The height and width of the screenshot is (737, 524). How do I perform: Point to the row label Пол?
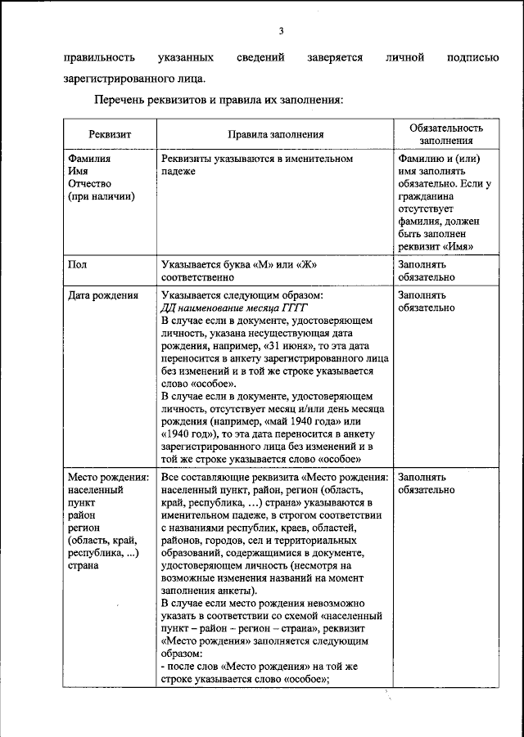(78, 265)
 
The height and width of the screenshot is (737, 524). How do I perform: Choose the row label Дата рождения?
(102, 295)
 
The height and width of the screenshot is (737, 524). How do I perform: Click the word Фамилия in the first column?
(89, 159)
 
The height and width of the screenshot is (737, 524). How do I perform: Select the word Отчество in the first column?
(88, 183)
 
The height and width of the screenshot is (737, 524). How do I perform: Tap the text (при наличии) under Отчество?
(102, 195)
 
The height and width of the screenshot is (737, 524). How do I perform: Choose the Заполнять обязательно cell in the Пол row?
(422, 271)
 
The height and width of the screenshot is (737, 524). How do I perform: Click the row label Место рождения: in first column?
(108, 477)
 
